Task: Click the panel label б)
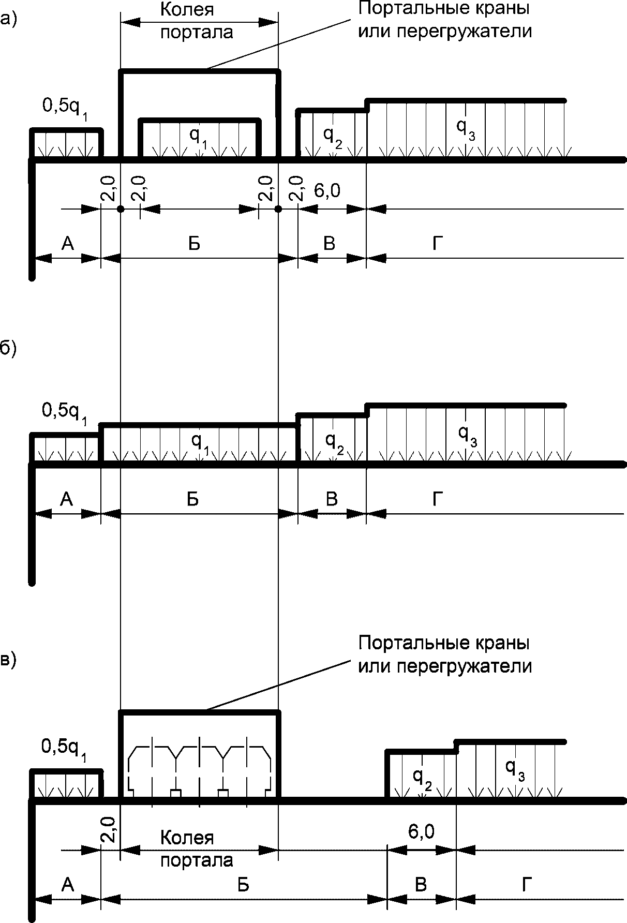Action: click(8, 349)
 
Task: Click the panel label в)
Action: click(8, 660)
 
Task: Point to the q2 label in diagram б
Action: click(333, 441)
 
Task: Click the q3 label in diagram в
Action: click(515, 769)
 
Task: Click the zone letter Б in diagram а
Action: click(193, 244)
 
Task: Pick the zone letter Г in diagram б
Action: click(438, 500)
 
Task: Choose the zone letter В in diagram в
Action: click(421, 885)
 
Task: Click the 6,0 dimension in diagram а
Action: click(327, 191)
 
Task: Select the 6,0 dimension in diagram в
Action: click(421, 832)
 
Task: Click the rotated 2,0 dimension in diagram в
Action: click(110, 830)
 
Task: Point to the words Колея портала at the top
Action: click(196, 21)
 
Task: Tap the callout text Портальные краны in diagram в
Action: click(444, 644)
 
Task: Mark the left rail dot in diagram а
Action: click(121, 209)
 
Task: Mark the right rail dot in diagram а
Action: click(278, 209)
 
